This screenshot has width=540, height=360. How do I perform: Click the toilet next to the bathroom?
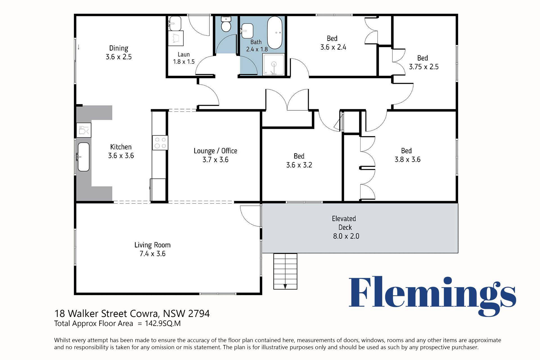[226, 24]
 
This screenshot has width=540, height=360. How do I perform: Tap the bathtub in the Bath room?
[274, 33]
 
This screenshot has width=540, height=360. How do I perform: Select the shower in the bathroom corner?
[273, 64]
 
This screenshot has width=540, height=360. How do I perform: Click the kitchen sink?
[84, 157]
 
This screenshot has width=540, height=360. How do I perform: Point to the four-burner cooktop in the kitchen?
[160, 143]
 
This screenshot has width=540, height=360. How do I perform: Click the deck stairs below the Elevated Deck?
[285, 271]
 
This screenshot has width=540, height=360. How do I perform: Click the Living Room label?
[152, 245]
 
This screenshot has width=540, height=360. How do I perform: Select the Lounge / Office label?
[215, 151]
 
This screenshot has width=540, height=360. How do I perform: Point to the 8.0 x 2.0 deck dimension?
[346, 236]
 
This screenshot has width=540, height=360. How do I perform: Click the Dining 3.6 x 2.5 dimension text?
[119, 57]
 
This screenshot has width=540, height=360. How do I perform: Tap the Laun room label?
[184, 55]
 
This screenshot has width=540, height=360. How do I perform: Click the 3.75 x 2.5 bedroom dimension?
[424, 67]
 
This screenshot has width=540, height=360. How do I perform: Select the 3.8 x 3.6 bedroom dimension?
[408, 160]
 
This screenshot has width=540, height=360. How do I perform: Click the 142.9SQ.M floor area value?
[163, 323]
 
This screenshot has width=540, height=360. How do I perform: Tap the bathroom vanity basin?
[247, 31]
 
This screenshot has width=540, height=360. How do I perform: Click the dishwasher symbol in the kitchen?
[84, 130]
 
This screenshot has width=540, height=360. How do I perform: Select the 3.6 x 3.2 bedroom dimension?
[299, 165]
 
